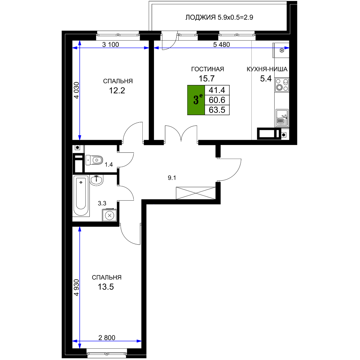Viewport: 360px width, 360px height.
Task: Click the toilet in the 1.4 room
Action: pos(94,160)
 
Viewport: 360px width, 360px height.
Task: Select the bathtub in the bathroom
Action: pos(81,196)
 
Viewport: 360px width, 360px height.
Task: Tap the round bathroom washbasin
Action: pos(97,180)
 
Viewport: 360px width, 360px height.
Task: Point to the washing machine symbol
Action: pos(110,215)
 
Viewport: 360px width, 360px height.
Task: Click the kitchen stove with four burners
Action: pos(282,85)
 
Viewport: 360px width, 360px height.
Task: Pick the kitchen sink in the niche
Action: pos(282,118)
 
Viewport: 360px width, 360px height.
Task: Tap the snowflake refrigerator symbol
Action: pos(282,50)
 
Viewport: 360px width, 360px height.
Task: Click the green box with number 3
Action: pos(196,100)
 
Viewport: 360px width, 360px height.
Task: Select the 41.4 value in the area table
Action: pos(217,90)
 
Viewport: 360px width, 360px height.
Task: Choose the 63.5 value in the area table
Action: pos(217,110)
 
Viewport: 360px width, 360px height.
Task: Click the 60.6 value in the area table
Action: pos(217,100)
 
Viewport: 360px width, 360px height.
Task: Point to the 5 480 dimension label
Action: pos(222,45)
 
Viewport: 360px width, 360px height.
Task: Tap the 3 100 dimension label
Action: pos(110,45)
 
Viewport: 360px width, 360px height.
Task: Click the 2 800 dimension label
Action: pos(107,337)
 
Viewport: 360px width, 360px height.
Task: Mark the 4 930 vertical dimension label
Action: pos(76,287)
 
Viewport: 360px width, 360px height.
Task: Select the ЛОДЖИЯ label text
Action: pos(200,17)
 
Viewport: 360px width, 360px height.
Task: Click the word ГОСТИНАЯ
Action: pos(208,69)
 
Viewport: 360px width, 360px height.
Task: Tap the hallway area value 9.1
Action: pos(172,178)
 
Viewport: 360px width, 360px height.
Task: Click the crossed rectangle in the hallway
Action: pos(196,193)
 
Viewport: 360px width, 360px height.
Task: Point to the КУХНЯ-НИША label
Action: pos(267,69)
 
